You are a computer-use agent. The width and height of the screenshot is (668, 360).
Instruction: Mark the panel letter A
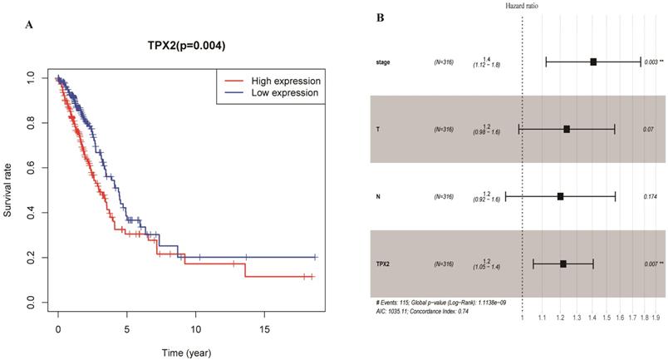30,25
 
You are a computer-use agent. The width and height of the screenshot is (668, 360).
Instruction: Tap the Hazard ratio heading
521,7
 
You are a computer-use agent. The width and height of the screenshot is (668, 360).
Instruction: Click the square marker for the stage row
593,62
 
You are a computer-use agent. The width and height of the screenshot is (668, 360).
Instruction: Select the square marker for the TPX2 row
563,264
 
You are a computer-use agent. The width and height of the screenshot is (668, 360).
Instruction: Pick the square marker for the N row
560,196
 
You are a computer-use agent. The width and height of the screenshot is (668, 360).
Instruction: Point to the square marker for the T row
567,129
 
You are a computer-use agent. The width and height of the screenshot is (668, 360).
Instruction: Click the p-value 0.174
650,196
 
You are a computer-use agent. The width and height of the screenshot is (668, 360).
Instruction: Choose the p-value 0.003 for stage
651,62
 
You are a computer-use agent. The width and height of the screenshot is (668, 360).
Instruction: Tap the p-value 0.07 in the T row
649,129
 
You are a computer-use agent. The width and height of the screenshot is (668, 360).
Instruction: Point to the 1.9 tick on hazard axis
656,317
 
